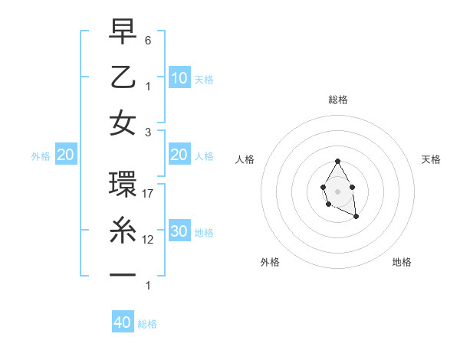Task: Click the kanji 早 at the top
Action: [123, 31]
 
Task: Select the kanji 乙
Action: [123, 77]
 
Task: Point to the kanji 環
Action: [123, 185]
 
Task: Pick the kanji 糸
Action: [123, 231]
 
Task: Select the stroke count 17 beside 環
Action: [149, 194]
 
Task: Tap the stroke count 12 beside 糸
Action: [149, 240]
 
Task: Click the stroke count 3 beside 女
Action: [148, 132]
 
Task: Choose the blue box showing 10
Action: [179, 77]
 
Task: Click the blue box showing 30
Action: [179, 231]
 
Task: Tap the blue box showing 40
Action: [123, 322]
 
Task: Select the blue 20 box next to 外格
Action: [66, 155]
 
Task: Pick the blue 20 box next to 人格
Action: [179, 155]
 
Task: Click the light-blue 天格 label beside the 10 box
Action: [204, 79]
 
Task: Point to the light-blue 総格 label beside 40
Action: [147, 324]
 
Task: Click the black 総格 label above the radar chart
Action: [338, 100]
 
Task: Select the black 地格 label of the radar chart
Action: [402, 262]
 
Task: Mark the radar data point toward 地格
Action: [356, 217]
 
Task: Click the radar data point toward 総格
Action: [337, 161]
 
